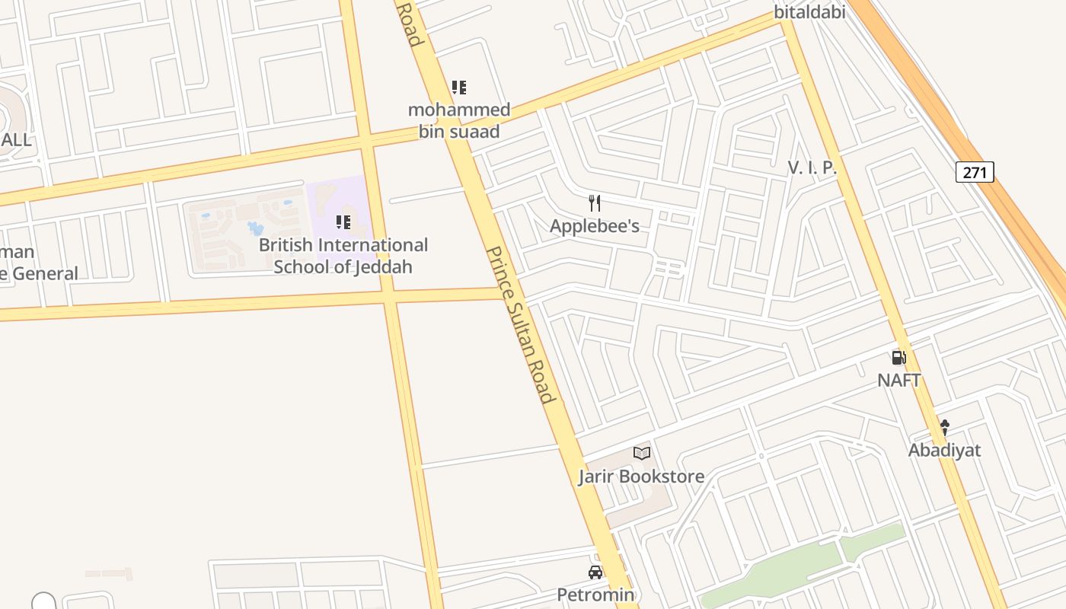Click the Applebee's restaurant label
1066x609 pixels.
pos(595,226)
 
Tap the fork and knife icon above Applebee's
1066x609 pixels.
pos(595,203)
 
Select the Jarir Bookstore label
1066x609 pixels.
pos(641,477)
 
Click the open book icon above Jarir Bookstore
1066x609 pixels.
pos(642,453)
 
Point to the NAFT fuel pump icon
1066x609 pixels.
pos(899,358)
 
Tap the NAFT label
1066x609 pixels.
pos(899,380)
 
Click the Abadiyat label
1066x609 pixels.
pos(944,450)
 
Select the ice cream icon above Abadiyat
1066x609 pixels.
pos(945,427)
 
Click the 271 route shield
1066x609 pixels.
pos(975,172)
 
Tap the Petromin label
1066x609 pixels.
pos(595,595)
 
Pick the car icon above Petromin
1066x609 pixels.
pos(595,572)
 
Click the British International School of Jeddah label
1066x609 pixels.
pos(343,256)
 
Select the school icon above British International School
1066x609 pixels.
pos(343,222)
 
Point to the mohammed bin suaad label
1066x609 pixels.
pos(459,120)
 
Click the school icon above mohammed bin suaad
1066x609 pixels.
pos(458,88)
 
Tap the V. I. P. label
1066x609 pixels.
pos(812,168)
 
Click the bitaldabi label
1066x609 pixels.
pos(809,11)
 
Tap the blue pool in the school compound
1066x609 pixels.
pos(256,228)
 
